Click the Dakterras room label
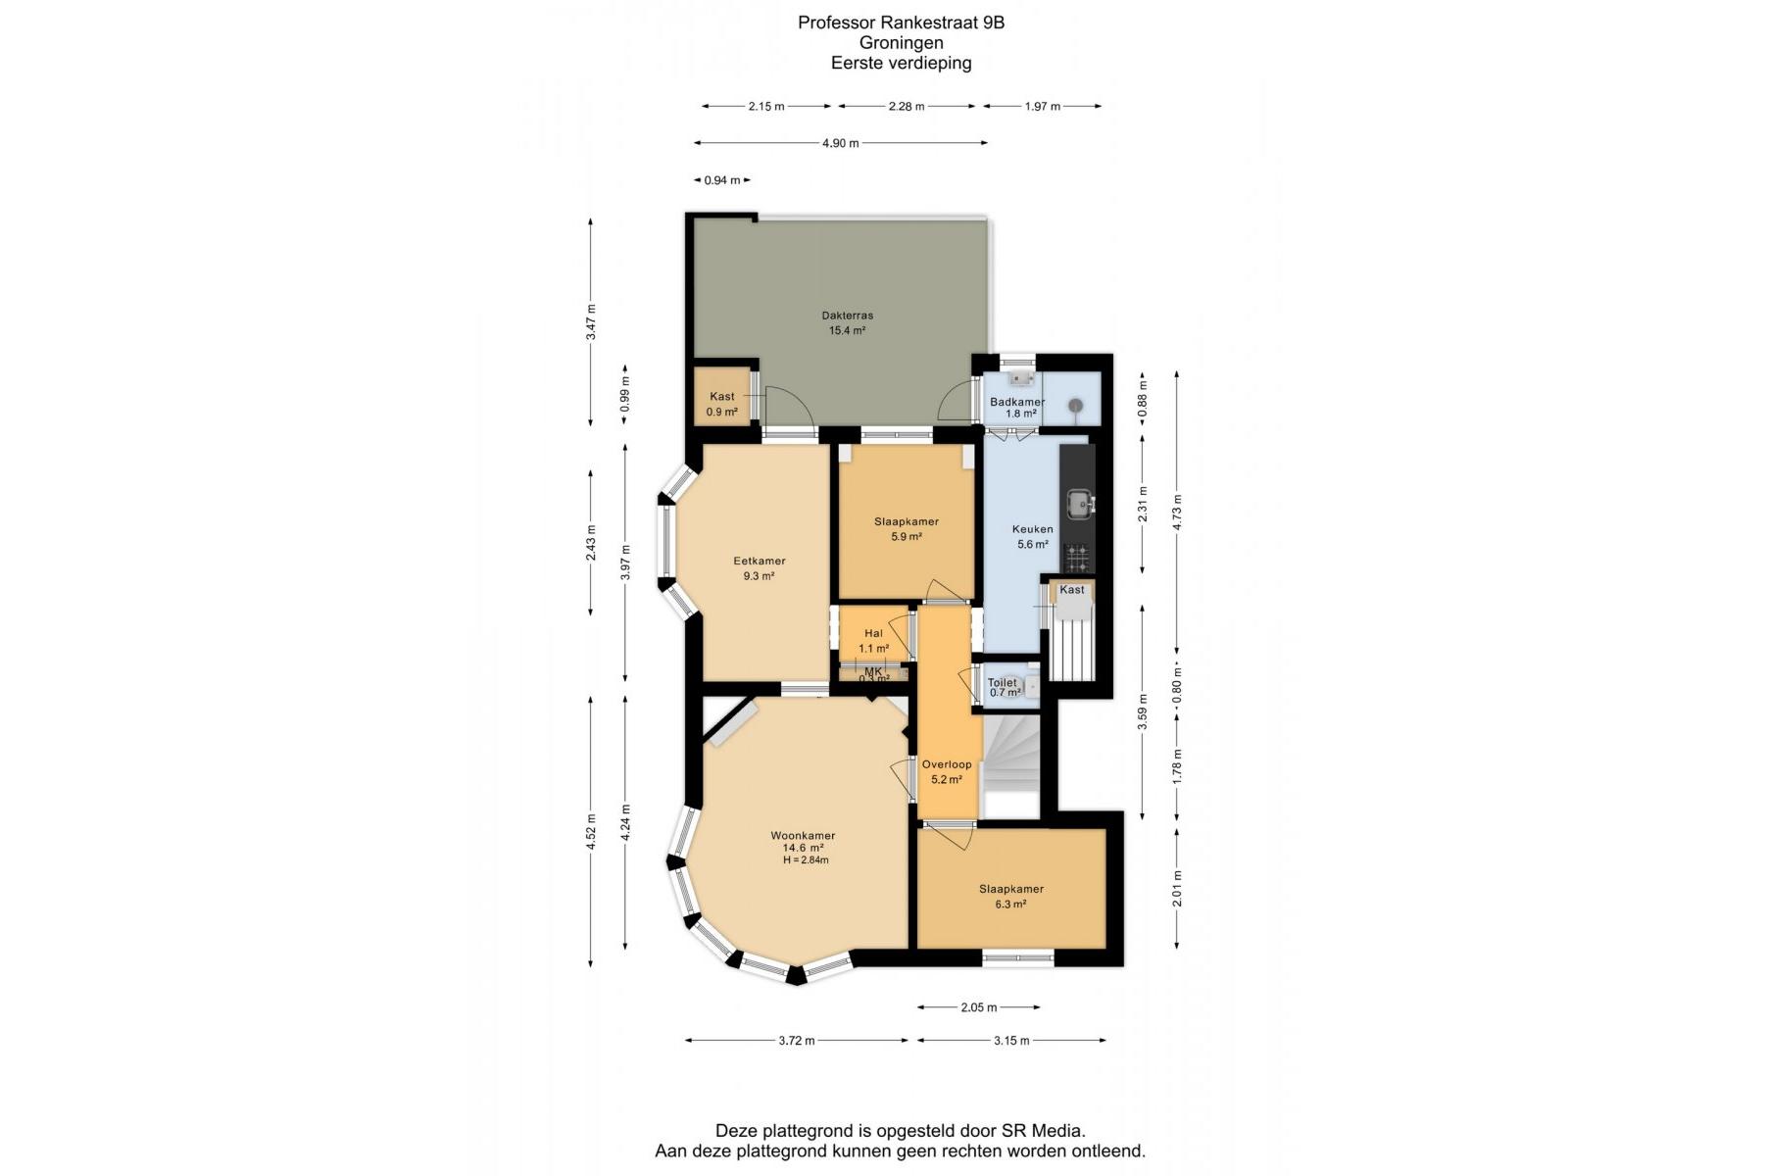click(x=847, y=316)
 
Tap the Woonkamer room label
click(x=803, y=836)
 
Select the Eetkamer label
click(x=760, y=562)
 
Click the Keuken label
click(x=1032, y=529)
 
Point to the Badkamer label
click(x=1017, y=402)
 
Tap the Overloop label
click(x=947, y=764)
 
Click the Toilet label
click(x=1002, y=682)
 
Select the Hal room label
click(x=873, y=633)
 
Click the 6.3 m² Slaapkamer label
click(x=1011, y=889)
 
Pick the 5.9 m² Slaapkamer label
click(x=907, y=521)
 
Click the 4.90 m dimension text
click(x=841, y=143)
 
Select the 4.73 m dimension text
click(x=1178, y=512)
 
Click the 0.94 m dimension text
click(x=722, y=180)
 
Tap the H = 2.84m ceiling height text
click(x=806, y=860)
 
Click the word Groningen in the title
click(x=901, y=42)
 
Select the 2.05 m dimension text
click(x=979, y=1007)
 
